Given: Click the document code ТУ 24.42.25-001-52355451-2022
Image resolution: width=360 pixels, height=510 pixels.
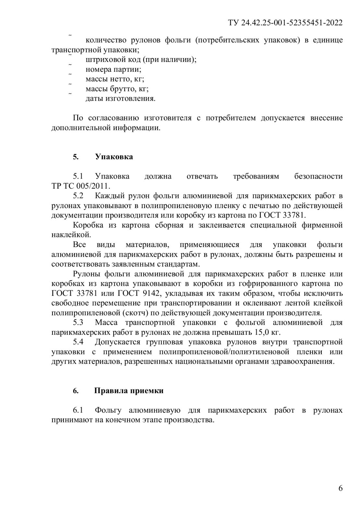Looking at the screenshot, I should tap(285, 23).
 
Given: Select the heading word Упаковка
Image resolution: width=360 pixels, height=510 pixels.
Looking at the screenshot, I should tap(114, 157).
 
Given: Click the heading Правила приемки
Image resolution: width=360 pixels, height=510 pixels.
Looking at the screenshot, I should tap(129, 391).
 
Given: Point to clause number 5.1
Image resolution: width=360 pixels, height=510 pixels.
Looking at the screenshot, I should tap(78, 176).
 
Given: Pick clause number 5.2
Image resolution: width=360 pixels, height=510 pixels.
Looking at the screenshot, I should tap(78, 196).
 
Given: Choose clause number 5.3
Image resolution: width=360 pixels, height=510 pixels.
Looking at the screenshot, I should tap(78, 322).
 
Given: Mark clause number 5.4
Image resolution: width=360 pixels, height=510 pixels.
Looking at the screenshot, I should tap(78, 342).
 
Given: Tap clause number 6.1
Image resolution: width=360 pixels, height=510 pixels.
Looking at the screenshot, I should tap(78, 410).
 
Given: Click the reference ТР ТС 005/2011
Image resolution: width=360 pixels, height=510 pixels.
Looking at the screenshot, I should tap(81, 186).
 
